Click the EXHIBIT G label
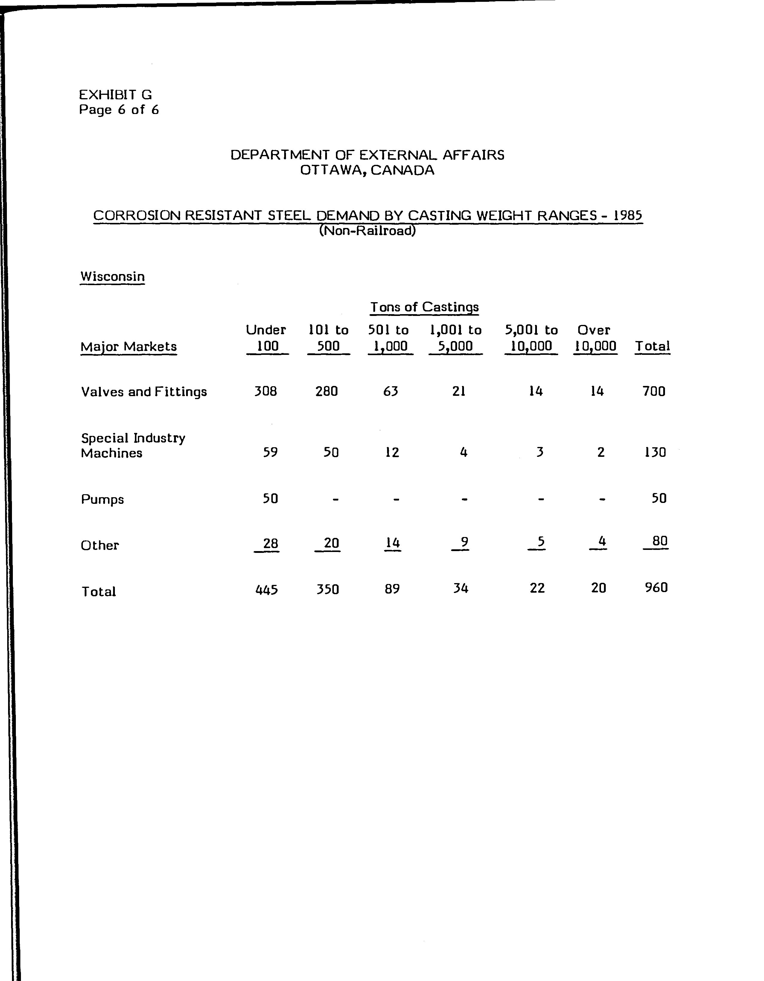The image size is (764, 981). click(115, 95)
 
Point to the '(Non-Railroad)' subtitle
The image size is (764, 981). click(367, 231)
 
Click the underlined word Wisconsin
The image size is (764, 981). click(112, 276)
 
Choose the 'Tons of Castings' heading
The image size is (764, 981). click(424, 307)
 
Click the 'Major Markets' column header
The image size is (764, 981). click(128, 347)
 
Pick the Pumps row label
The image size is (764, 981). click(102, 500)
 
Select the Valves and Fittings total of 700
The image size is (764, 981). click(654, 391)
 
